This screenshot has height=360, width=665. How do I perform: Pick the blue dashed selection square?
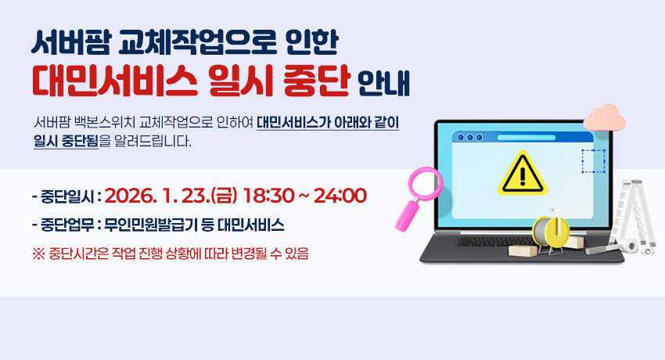point(592,161)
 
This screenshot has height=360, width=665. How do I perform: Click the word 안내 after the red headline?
point(383,82)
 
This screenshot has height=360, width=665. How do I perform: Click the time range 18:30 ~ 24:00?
point(305,194)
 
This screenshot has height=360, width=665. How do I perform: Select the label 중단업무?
point(66,225)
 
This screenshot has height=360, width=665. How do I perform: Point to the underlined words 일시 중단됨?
point(66,142)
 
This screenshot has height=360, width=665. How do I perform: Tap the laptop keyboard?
point(501,243)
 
